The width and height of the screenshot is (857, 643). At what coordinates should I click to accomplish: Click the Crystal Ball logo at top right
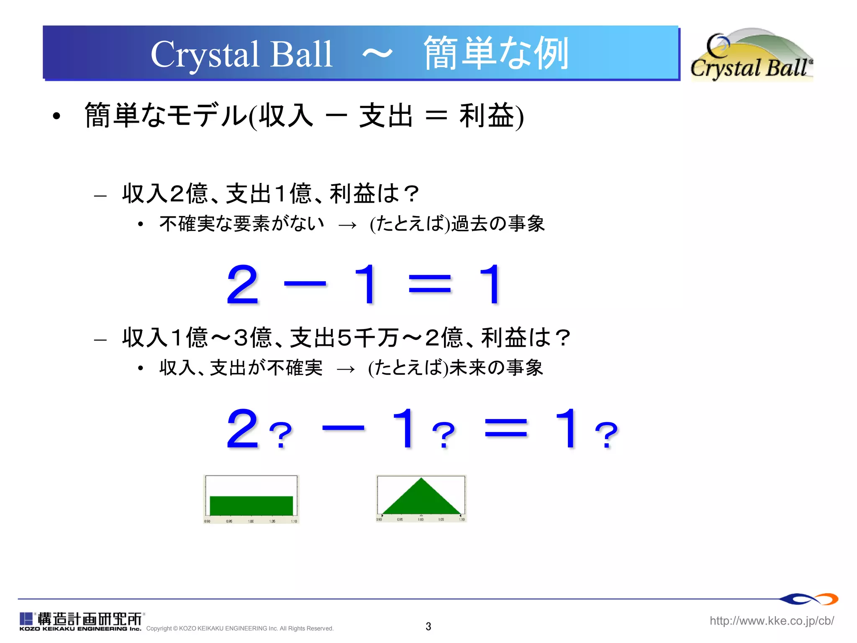[751, 55]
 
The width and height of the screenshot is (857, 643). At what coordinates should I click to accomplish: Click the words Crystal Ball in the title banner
[241, 54]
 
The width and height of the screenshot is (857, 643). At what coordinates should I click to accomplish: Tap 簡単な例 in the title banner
[496, 53]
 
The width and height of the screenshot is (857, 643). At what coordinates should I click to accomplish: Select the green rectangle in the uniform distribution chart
[251, 505]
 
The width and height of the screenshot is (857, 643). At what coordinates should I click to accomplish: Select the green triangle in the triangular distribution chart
[421, 498]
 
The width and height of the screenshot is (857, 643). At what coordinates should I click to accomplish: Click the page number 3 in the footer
[428, 626]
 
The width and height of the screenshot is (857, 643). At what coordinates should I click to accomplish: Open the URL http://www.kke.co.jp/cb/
[772, 620]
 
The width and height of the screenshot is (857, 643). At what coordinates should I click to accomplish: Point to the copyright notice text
[240, 628]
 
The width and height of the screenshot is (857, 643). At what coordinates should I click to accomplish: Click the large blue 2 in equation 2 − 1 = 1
[242, 285]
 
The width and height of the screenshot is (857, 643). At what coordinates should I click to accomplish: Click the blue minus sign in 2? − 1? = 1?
[343, 428]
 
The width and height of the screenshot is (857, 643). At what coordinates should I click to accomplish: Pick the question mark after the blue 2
[281, 435]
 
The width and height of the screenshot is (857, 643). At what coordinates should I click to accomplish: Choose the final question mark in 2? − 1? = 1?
[606, 435]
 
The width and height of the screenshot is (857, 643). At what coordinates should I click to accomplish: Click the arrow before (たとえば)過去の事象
[347, 225]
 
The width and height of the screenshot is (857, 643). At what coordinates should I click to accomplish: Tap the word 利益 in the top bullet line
[487, 116]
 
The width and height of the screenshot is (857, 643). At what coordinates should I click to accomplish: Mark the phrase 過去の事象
[498, 224]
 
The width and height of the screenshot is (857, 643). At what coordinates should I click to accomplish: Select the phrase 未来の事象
[496, 368]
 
